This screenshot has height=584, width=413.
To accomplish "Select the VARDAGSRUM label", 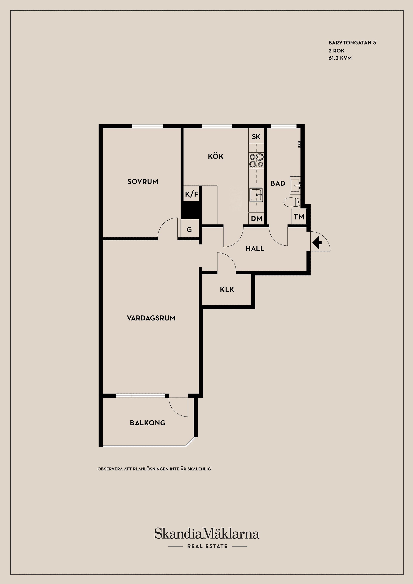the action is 151,318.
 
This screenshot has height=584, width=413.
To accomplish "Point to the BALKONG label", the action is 148,423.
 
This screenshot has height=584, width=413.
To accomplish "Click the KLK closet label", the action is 227,289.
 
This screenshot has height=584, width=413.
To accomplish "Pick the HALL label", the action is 255,249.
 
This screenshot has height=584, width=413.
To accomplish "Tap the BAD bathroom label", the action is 278,183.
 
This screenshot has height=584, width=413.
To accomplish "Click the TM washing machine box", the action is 299,217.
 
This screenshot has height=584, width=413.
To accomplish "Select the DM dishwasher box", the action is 256,218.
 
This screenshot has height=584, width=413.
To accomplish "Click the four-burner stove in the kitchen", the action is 256,160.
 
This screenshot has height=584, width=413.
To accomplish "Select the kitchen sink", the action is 256,195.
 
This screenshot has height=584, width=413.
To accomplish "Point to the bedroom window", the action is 147,126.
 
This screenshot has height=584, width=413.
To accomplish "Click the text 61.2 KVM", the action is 340,58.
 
